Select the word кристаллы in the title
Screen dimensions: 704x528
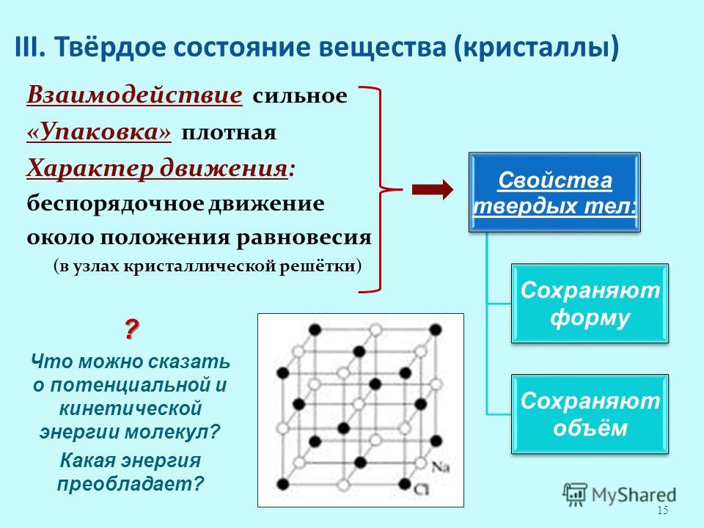click(x=536, y=47)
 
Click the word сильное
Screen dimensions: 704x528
click(x=299, y=95)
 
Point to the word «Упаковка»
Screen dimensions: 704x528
click(x=99, y=133)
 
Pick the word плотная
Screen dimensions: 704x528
click(x=229, y=133)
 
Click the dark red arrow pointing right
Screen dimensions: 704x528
click(x=433, y=189)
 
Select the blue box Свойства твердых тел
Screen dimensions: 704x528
click(x=554, y=192)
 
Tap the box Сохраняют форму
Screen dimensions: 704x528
click(x=590, y=304)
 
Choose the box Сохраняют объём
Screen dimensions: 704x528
click(x=590, y=414)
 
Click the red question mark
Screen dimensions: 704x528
click(x=131, y=329)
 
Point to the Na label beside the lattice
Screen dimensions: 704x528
click(x=441, y=467)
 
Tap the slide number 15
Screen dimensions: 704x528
click(x=663, y=510)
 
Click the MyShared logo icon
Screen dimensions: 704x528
click(x=575, y=495)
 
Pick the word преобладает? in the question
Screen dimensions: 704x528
click(x=131, y=484)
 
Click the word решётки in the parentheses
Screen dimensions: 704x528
click(x=318, y=266)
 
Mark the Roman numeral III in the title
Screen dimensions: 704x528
click(x=29, y=46)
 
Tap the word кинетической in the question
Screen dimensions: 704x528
click(x=131, y=408)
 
